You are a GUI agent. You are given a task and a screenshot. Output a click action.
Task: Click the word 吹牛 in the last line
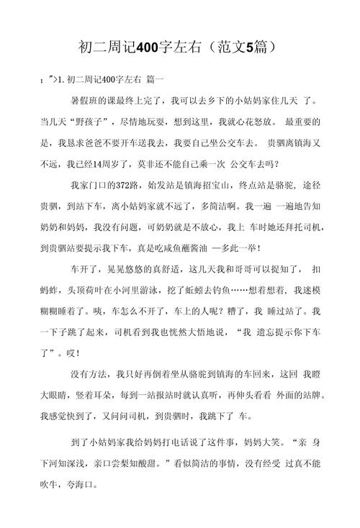(51, 483)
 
